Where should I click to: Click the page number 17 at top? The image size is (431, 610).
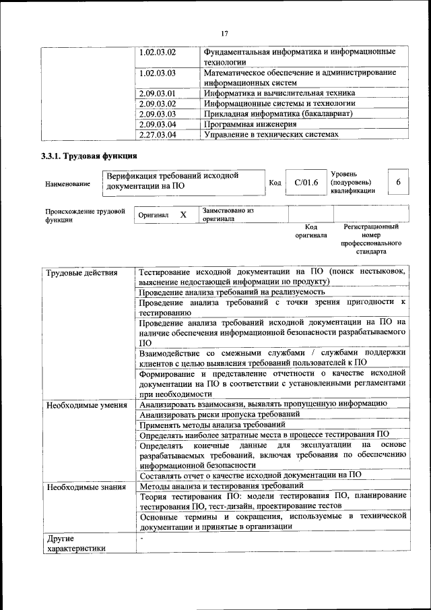(225, 34)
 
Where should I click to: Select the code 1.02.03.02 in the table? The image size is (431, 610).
(158, 52)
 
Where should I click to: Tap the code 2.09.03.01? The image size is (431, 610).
(158, 93)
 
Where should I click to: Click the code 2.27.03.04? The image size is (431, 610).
(158, 134)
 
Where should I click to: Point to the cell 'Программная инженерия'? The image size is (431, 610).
(250, 124)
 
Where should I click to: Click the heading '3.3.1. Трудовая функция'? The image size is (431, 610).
(88, 157)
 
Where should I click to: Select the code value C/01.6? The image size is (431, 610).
(306, 182)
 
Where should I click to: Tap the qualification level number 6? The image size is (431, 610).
(399, 182)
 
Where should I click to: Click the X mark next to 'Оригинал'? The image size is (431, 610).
(183, 214)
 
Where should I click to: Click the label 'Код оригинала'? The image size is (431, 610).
(310, 231)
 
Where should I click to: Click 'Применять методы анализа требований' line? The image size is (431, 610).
(212, 425)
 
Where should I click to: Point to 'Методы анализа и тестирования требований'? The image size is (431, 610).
(221, 486)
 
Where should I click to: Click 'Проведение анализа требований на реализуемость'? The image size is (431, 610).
(232, 292)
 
